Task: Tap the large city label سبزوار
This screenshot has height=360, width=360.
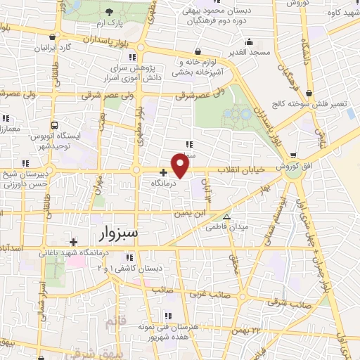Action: [x=116, y=232]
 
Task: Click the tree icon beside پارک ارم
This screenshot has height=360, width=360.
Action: [x=109, y=12]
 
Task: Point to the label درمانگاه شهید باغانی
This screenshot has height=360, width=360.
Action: [x=115, y=252]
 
